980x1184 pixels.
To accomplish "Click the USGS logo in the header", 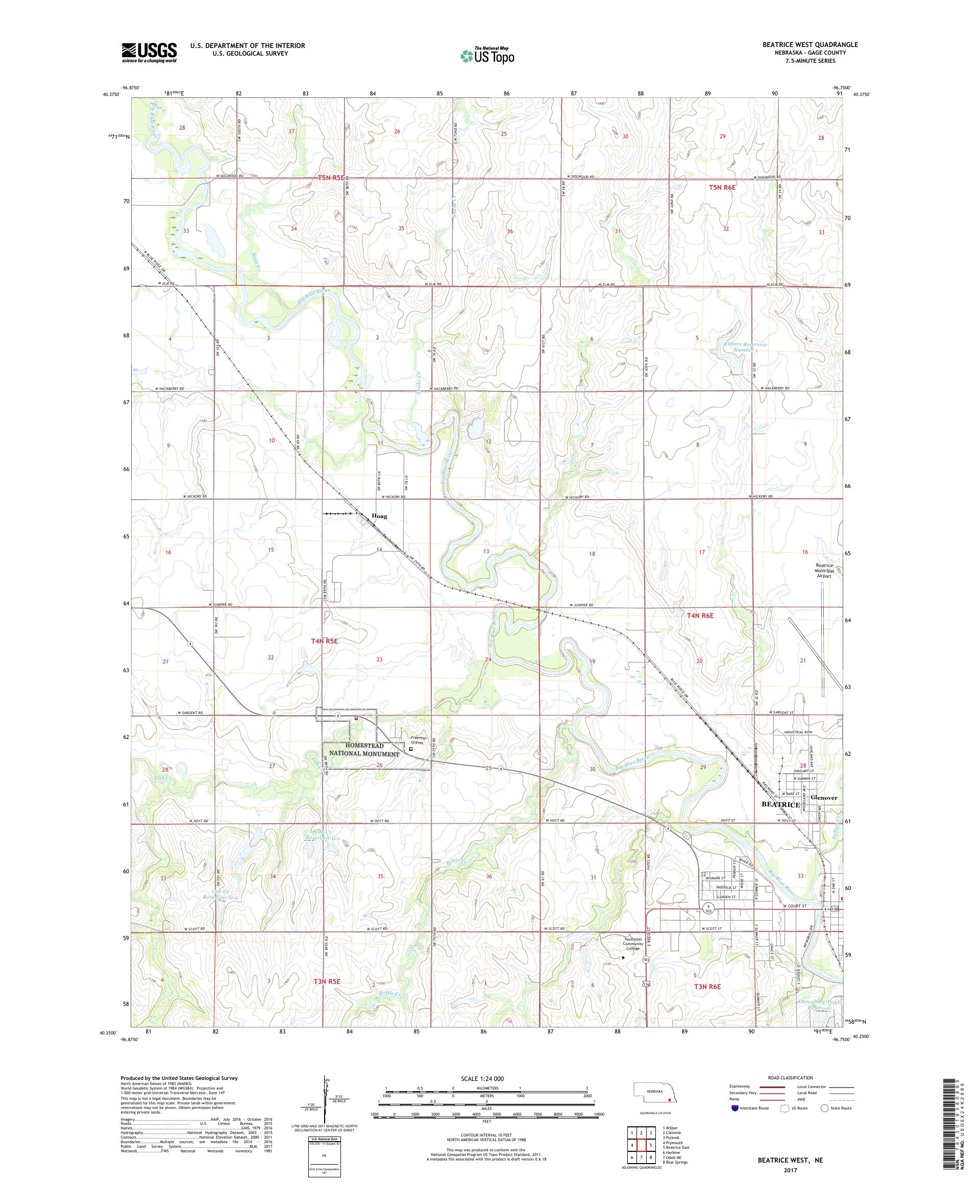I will pos(149,53).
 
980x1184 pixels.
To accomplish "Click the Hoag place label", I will pos(379,515).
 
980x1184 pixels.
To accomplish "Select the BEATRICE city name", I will pos(780,804).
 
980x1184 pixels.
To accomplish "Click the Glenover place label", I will pos(824,798).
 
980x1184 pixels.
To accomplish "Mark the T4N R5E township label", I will pos(324,641).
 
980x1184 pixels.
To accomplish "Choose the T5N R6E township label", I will pos(722,187).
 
